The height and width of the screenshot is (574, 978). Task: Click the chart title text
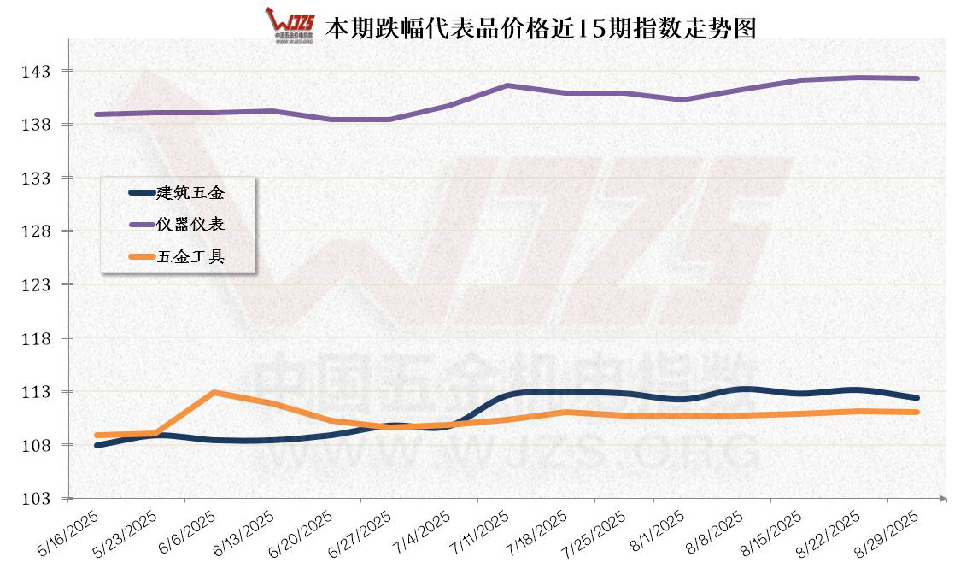coord(541,28)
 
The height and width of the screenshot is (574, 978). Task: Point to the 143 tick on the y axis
coord(37,71)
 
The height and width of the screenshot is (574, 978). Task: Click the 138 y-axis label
coord(37,125)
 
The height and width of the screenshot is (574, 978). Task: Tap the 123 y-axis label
coord(37,284)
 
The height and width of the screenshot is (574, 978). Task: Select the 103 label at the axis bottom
coord(37,498)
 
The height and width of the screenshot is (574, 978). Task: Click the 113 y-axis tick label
coord(37,391)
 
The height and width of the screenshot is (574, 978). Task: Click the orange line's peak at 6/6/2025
coord(214,393)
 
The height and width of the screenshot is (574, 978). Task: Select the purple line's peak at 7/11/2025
coord(507,85)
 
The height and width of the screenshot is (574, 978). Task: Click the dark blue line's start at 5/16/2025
coord(97,445)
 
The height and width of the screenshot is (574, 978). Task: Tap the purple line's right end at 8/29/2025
coord(917,79)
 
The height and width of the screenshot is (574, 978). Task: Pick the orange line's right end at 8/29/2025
coord(917,412)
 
